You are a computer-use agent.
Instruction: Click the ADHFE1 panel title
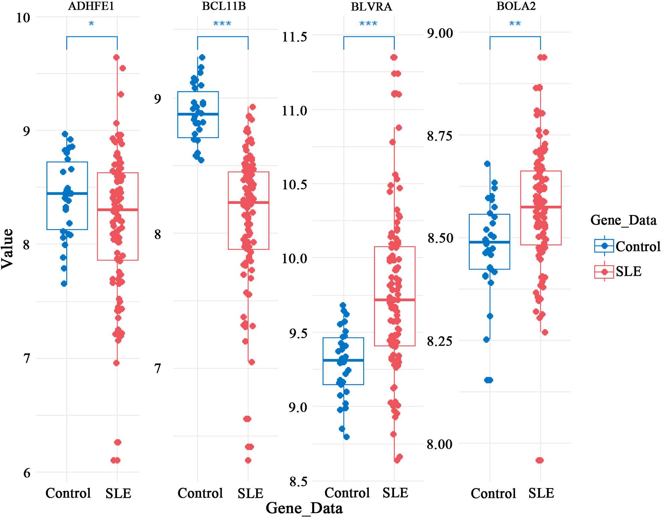pyautogui.click(x=91, y=6)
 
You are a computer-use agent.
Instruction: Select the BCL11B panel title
pyautogui.click(x=224, y=6)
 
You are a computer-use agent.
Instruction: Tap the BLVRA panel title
pyautogui.click(x=371, y=7)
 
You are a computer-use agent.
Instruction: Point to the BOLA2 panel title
pyautogui.click(x=516, y=6)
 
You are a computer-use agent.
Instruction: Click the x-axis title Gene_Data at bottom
pyautogui.click(x=304, y=508)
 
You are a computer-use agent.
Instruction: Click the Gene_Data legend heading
pyautogui.click(x=623, y=220)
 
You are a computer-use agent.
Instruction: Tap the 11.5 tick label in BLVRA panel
pyautogui.click(x=295, y=37)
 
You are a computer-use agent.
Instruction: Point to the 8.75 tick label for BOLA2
pyautogui.click(x=440, y=136)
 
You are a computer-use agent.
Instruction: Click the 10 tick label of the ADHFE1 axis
pyautogui.click(x=23, y=17)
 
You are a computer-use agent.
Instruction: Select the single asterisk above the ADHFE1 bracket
pyautogui.click(x=91, y=24)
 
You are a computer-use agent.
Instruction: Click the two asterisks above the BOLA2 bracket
pyautogui.click(x=515, y=24)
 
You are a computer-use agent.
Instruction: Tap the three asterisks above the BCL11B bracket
pyautogui.click(x=222, y=24)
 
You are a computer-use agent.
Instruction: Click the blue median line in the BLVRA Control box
pyautogui.click(x=343, y=360)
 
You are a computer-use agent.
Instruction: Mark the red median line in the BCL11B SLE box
pyautogui.click(x=248, y=202)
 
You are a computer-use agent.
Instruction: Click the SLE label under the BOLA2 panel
pyautogui.click(x=541, y=493)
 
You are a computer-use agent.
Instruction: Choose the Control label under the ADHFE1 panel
pyautogui.click(x=68, y=493)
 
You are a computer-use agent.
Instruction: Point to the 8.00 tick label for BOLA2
pyautogui.click(x=440, y=444)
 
